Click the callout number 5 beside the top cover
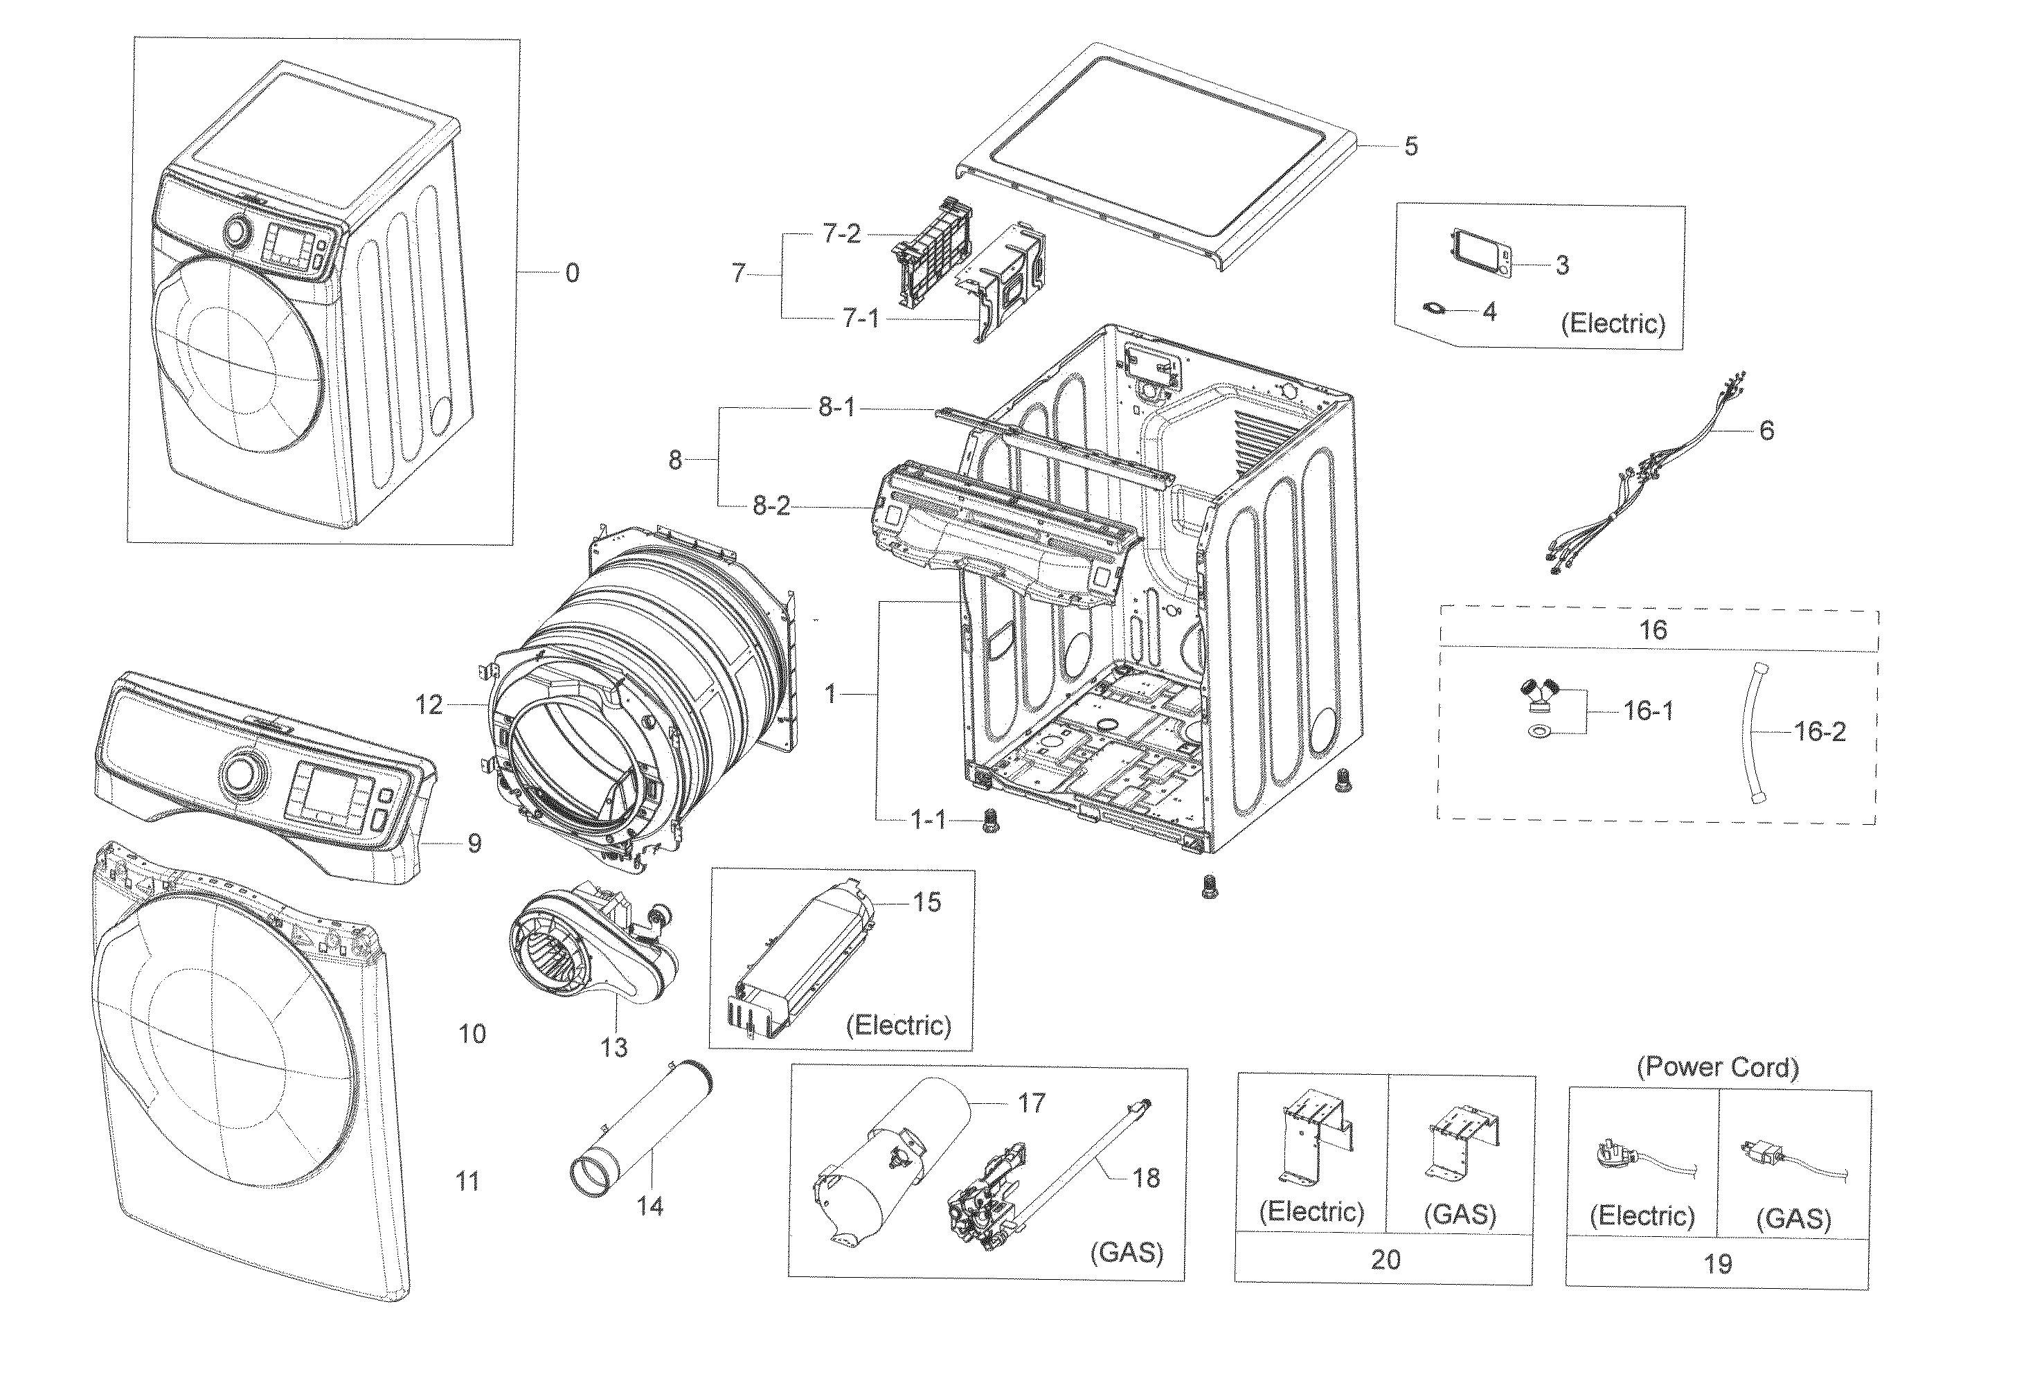click(1410, 146)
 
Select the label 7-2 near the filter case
click(841, 233)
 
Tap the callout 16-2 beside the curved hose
click(1820, 731)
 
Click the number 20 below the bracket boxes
click(1386, 1259)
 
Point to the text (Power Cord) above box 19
click(1717, 1067)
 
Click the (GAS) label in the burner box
click(1127, 1252)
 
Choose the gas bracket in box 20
click(1464, 1141)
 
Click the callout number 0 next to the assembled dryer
click(572, 273)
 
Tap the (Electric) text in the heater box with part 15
click(898, 1024)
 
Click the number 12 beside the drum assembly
click(429, 704)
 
